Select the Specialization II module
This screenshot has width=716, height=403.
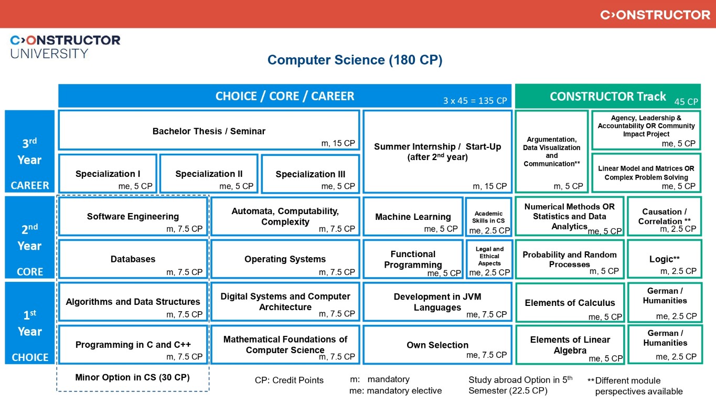point(209,174)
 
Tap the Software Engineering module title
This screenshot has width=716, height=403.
point(133,216)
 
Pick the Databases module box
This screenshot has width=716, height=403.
point(133,259)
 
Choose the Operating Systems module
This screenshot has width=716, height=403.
point(285,259)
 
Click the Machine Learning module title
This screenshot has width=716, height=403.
point(413,217)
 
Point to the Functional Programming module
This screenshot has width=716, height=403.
point(413,259)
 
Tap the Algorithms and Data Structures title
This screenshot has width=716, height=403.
point(133,302)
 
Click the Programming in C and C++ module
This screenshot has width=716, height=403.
point(133,345)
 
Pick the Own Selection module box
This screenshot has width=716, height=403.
point(437,345)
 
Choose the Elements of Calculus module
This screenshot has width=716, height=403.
point(570,302)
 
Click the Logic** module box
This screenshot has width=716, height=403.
point(664,259)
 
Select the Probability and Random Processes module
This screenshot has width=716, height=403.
point(570,259)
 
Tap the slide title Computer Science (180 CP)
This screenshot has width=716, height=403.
point(355,60)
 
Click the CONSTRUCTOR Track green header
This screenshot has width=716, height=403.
point(607,97)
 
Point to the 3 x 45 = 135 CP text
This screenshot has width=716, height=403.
point(475,101)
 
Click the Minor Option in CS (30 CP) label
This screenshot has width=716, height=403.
point(132,377)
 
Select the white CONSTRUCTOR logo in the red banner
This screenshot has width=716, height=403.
point(655,15)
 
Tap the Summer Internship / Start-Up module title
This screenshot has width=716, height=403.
point(437,152)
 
